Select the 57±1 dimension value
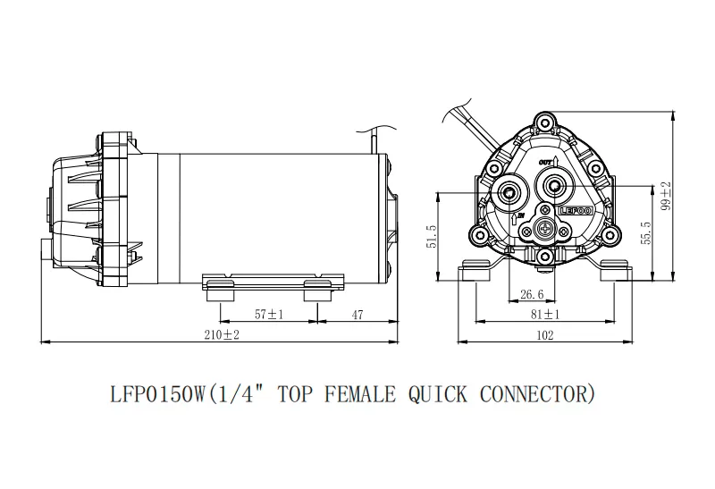point(268,314)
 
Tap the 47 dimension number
point(357,314)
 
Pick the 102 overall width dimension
point(543,334)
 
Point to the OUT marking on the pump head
point(548,162)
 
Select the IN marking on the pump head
point(517,215)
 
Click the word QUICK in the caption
point(439,392)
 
